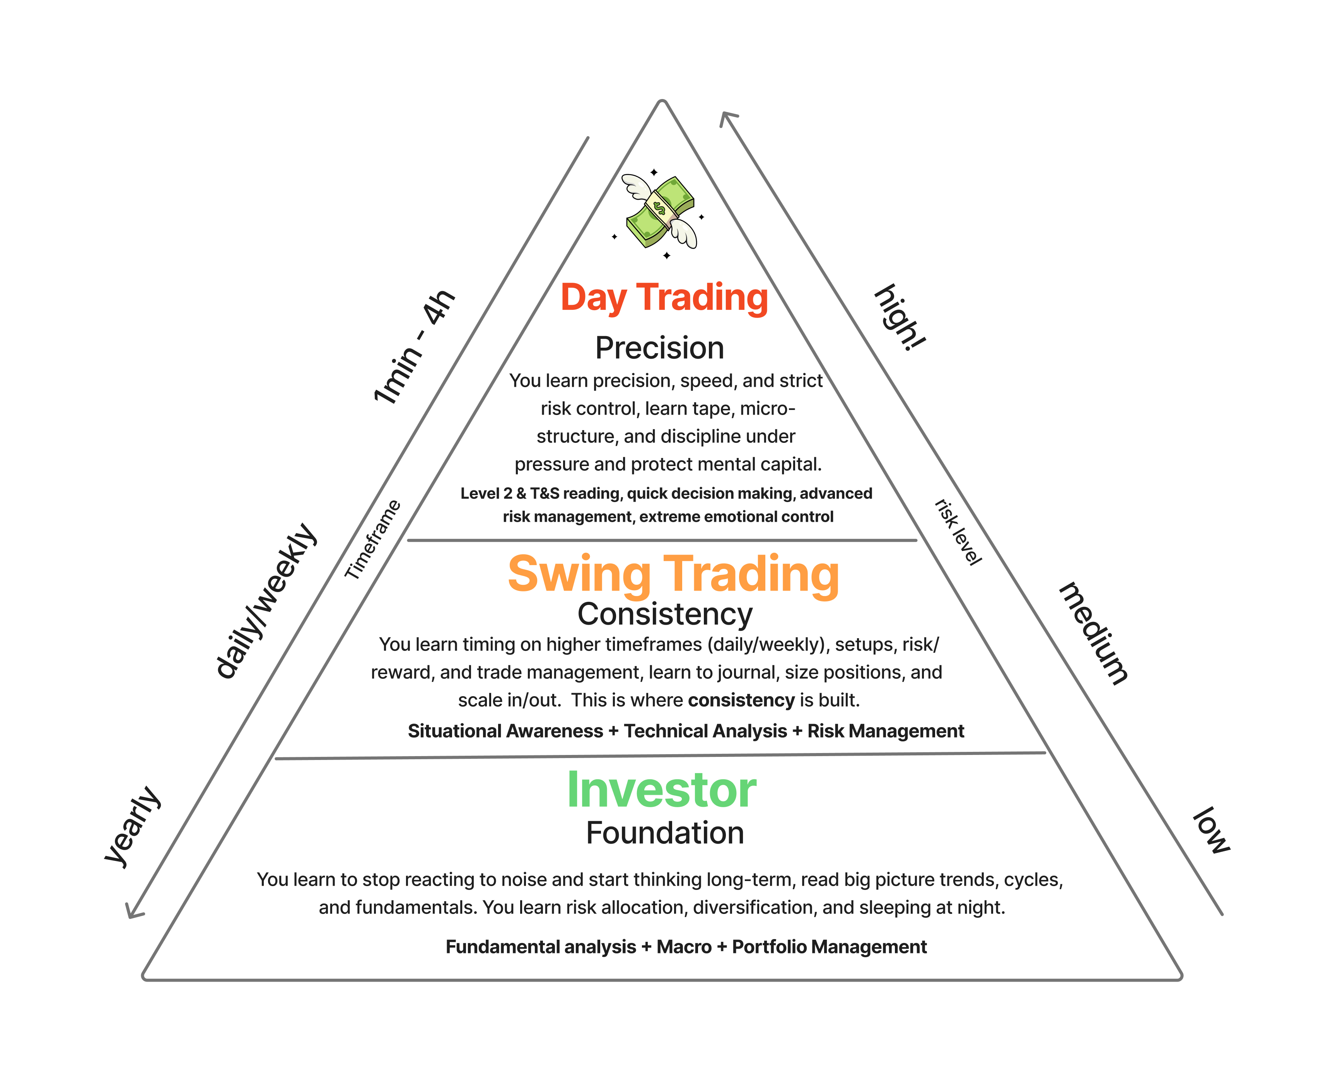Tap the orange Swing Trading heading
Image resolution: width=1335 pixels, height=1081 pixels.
673,574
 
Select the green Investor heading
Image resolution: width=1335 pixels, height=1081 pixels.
661,790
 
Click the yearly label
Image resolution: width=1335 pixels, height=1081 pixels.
133,827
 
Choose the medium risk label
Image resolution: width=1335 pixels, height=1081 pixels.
1093,633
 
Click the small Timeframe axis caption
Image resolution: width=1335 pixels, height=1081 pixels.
372,539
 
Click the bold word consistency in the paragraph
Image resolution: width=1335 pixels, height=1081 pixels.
741,700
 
